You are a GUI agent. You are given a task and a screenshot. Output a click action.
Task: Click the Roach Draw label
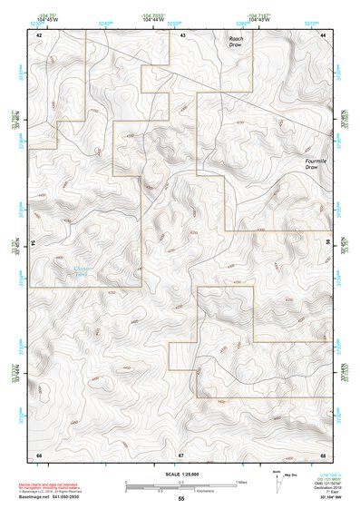point(235,40)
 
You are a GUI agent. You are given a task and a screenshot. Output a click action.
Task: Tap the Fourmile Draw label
point(313,164)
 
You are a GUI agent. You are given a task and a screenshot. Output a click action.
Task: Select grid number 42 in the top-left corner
point(39,34)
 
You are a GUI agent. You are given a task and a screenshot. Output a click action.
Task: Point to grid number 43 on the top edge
point(182,34)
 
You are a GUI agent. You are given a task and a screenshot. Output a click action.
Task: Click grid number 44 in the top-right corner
point(324,34)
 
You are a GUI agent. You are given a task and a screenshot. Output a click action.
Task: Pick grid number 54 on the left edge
point(34,243)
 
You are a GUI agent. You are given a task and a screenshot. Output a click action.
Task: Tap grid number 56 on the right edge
point(329,243)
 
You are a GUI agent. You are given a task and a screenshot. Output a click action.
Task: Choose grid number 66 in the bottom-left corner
point(39,453)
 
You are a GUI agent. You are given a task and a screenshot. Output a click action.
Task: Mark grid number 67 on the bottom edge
point(181,453)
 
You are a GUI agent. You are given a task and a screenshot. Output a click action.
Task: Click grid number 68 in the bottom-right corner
point(323,453)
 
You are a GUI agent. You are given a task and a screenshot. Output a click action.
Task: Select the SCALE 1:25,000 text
point(180,473)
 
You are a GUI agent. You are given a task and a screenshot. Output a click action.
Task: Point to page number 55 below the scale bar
point(181,499)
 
